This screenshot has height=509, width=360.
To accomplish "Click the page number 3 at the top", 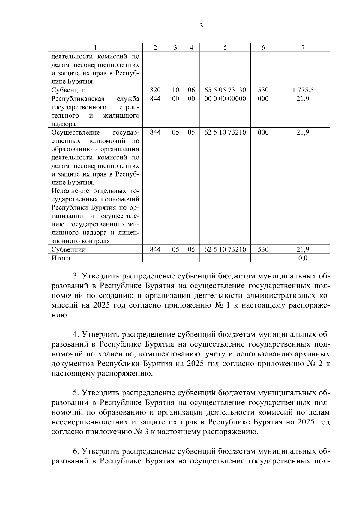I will pos(201,26).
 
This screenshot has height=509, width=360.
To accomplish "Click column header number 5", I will pos(225,48).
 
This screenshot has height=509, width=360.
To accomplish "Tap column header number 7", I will pos(303,48).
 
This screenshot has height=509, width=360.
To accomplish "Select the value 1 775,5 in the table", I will pos(303,90).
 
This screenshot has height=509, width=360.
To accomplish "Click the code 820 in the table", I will pos(155,90).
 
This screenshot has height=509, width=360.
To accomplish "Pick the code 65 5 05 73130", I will pos(225,90).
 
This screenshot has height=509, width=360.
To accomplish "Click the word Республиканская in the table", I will pos(78,99).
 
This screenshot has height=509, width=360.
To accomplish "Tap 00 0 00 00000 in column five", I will pos(225,99).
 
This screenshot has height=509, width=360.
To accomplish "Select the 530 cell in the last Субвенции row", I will pos(263,249).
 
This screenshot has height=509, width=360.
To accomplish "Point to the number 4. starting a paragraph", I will pos(76,335).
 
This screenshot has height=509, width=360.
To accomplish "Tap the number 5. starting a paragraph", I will pos(76,393).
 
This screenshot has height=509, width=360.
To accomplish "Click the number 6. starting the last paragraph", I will pos(76,451).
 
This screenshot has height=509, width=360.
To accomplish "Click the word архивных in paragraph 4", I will pos(313,354).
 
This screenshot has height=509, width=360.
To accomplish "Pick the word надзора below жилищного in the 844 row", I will pos(64,124).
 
